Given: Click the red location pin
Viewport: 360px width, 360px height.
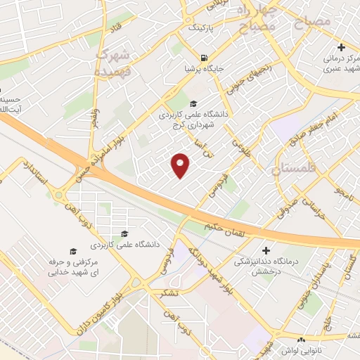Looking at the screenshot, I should (x=181, y=166).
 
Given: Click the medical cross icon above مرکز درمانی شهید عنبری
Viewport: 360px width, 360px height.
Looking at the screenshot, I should (x=341, y=47).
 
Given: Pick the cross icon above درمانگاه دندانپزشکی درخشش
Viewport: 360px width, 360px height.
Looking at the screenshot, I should (x=266, y=250).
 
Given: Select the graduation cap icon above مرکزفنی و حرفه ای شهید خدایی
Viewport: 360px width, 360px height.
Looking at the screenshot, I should (x=72, y=251).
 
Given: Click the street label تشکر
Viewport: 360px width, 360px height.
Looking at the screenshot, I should (x=169, y=292).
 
